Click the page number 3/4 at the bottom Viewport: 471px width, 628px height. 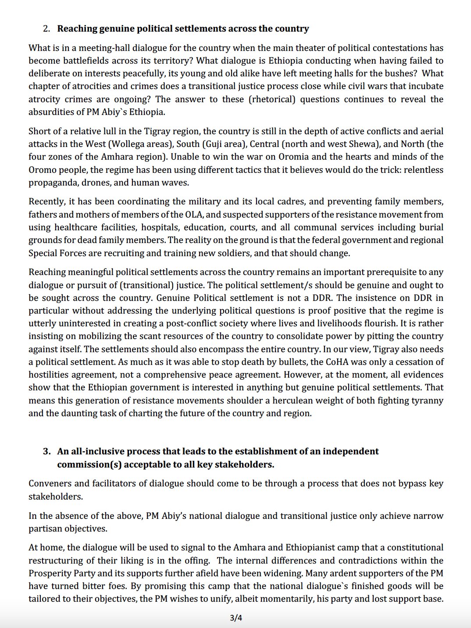point(236,618)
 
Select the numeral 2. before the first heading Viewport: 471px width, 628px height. point(46,29)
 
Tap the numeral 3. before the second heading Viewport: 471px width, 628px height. point(46,452)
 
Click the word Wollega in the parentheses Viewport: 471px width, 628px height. point(127,144)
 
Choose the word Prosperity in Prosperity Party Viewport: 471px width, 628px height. point(49,574)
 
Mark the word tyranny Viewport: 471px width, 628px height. point(426,401)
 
